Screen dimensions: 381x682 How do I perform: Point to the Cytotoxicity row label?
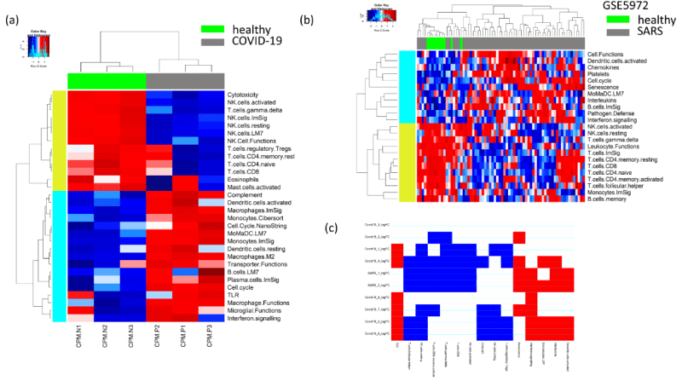[248, 94]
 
